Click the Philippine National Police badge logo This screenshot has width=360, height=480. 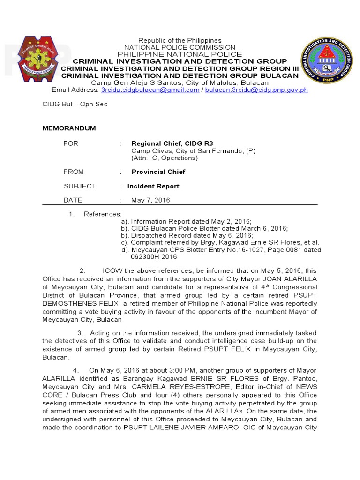(41, 59)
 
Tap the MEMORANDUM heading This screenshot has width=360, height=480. (69, 128)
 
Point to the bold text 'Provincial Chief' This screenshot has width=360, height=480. (158, 172)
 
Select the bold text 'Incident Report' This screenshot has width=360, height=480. (153, 186)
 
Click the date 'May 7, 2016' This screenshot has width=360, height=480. (150, 200)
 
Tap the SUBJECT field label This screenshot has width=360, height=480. (80, 186)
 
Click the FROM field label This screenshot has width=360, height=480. (74, 172)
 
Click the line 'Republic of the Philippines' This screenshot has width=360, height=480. (180, 41)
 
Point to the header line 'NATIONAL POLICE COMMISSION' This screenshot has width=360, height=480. (180, 47)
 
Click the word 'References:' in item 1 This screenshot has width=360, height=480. (103, 214)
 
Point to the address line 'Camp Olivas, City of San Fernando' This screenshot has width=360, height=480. (193, 151)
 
